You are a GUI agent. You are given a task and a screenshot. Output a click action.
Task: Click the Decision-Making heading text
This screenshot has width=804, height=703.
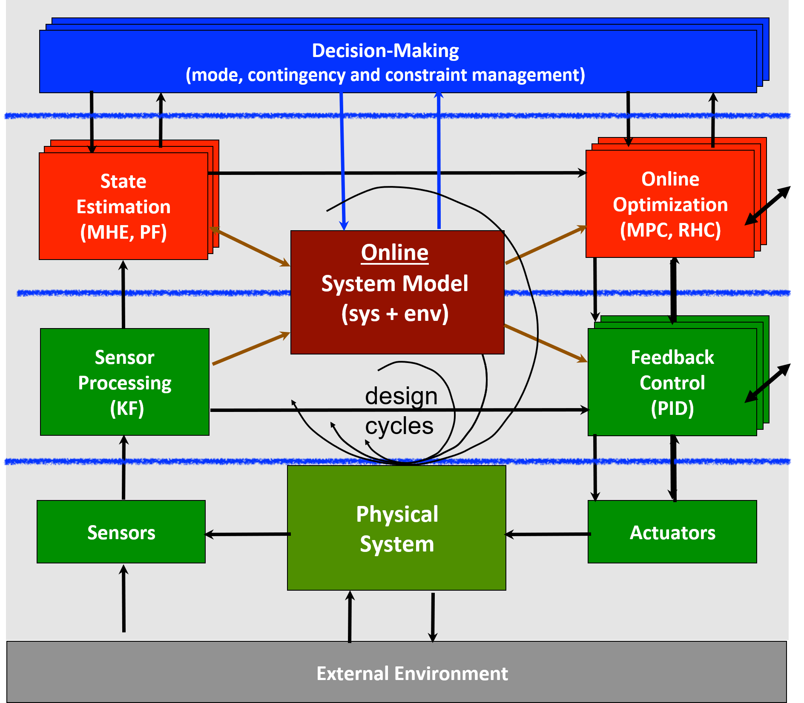pyautogui.click(x=385, y=51)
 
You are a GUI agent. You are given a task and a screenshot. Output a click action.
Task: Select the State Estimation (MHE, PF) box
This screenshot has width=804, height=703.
pyautogui.click(x=123, y=206)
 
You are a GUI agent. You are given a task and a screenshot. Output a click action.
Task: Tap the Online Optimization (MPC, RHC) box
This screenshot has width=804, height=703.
pyautogui.click(x=670, y=204)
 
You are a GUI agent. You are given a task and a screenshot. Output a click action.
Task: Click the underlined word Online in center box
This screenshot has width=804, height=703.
pyautogui.click(x=395, y=252)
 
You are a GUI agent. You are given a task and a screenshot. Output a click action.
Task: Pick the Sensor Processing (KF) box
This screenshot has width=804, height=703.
pyautogui.click(x=125, y=382)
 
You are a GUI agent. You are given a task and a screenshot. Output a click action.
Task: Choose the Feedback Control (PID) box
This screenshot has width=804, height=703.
pyautogui.click(x=672, y=382)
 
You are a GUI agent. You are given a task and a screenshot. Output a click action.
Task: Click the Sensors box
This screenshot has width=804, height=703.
pyautogui.click(x=121, y=532)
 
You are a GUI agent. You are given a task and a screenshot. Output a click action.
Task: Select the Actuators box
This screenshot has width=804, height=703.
pyautogui.click(x=672, y=532)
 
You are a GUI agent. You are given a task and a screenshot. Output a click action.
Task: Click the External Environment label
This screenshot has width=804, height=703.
pyautogui.click(x=412, y=674)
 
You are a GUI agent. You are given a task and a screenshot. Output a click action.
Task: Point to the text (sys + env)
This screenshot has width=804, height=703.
pyautogui.click(x=395, y=314)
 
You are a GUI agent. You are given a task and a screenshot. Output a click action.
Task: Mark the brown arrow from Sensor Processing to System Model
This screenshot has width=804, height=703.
pyautogui.click(x=251, y=349)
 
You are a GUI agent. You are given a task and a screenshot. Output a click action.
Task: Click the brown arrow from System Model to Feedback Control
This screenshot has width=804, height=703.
pyautogui.click(x=546, y=343)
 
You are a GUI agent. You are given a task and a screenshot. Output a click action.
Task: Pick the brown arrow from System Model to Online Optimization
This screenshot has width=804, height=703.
pyautogui.click(x=546, y=245)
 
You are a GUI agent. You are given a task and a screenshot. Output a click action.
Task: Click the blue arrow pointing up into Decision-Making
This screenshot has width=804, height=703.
pyautogui.click(x=439, y=162)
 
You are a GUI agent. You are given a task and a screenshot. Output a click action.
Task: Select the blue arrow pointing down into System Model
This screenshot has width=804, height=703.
pyautogui.click(x=342, y=162)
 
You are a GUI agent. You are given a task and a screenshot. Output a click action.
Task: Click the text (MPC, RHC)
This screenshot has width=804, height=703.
pyautogui.click(x=670, y=230)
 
